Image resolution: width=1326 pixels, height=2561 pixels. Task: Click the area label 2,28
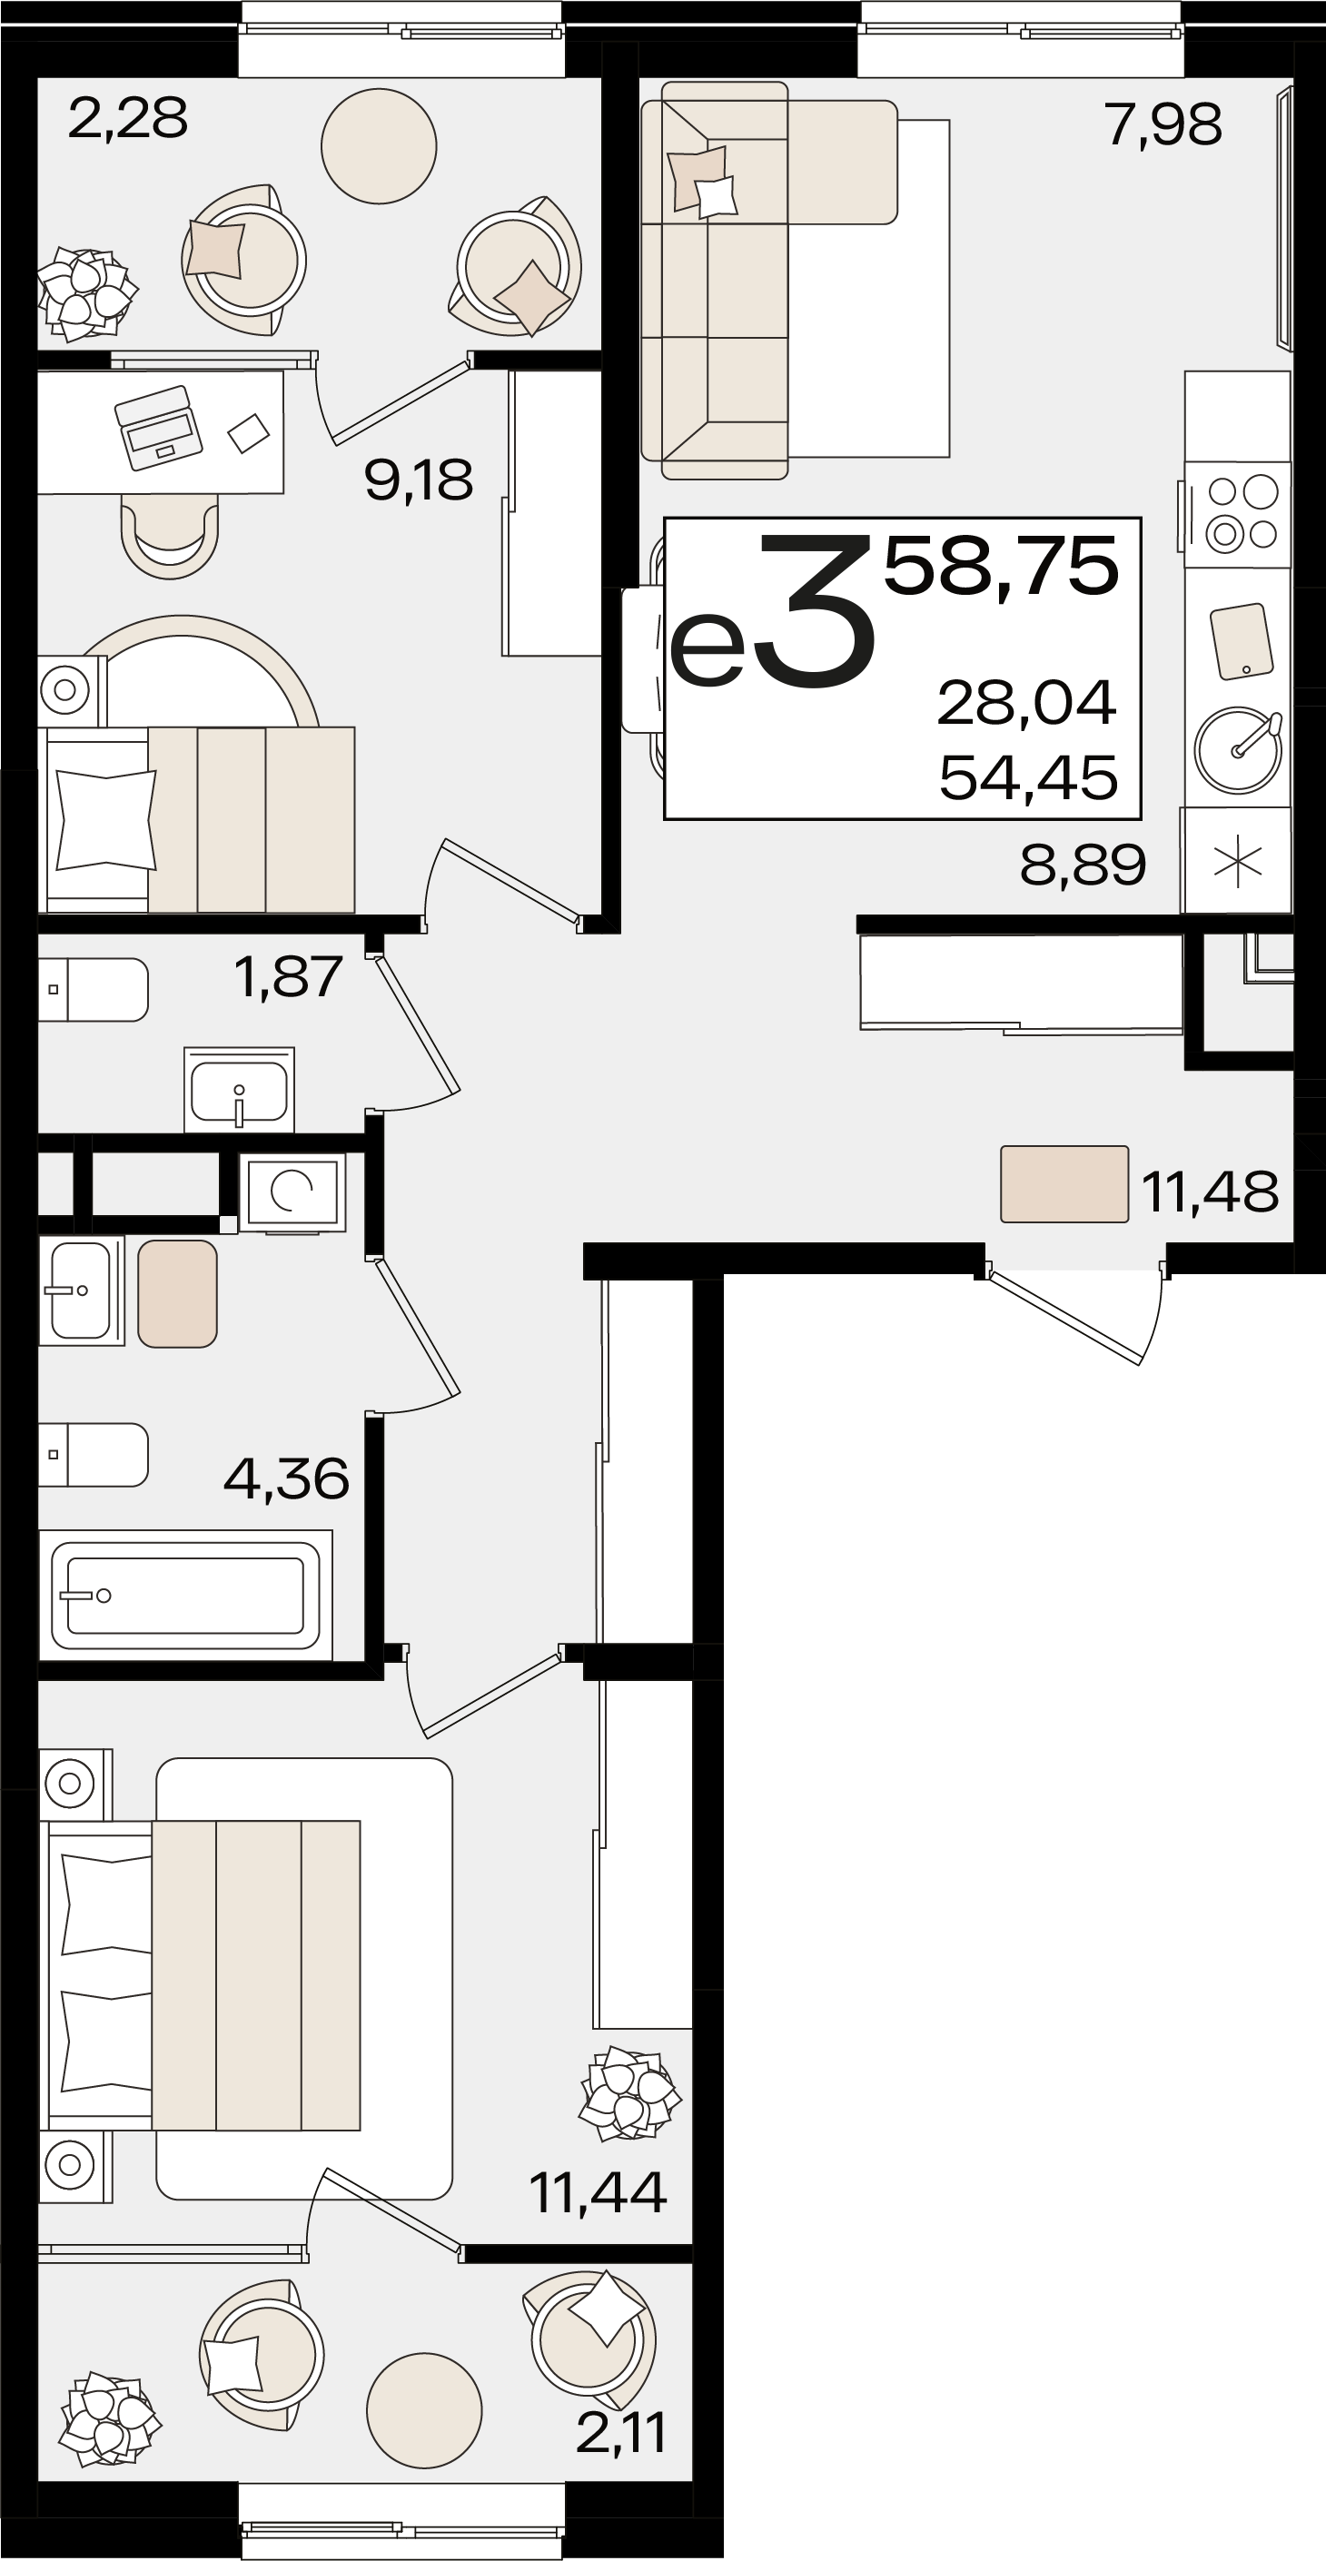pyautogui.click(x=127, y=119)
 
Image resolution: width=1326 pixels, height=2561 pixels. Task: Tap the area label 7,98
pyautogui.click(x=1163, y=125)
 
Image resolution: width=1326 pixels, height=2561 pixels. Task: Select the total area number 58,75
pyautogui.click(x=1001, y=567)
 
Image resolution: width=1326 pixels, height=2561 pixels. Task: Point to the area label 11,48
pyautogui.click(x=1210, y=1192)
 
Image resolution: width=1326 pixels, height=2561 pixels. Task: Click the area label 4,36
pyautogui.click(x=286, y=1479)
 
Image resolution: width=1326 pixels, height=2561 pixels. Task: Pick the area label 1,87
pyautogui.click(x=288, y=977)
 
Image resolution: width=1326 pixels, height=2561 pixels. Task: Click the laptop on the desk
pyautogui.click(x=158, y=428)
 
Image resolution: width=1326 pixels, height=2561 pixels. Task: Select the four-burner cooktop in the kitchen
pyautogui.click(x=1238, y=514)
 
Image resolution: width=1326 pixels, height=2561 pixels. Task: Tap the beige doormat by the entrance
pyautogui.click(x=1064, y=1183)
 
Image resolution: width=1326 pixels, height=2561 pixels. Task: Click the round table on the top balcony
pyautogui.click(x=379, y=145)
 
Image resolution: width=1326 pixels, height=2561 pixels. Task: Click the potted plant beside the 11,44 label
pyautogui.click(x=630, y=2092)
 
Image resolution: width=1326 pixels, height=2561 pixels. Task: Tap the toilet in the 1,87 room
pyautogui.click(x=94, y=989)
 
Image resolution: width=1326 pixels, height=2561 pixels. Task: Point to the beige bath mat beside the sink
pyautogui.click(x=178, y=1293)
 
